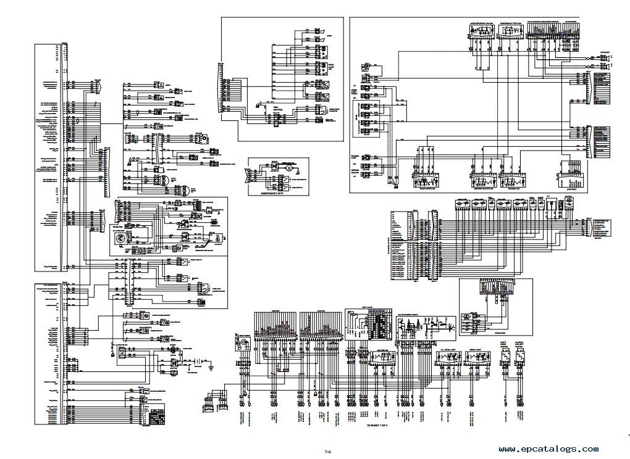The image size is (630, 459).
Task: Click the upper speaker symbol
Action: (x=606, y=57)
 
